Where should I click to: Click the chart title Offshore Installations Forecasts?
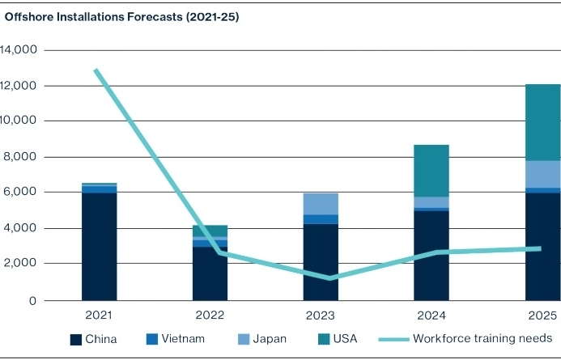122,16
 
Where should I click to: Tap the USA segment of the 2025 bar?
542,122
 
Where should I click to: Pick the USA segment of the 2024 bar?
431,171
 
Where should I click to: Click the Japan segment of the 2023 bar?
321,204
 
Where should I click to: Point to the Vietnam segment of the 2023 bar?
321,219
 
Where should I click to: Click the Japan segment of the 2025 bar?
542,174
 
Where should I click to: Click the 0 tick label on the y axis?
33,301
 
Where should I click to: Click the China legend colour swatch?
76,339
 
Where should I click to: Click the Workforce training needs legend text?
482,338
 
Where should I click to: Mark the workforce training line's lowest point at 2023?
329,278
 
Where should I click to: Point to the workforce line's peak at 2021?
96,70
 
